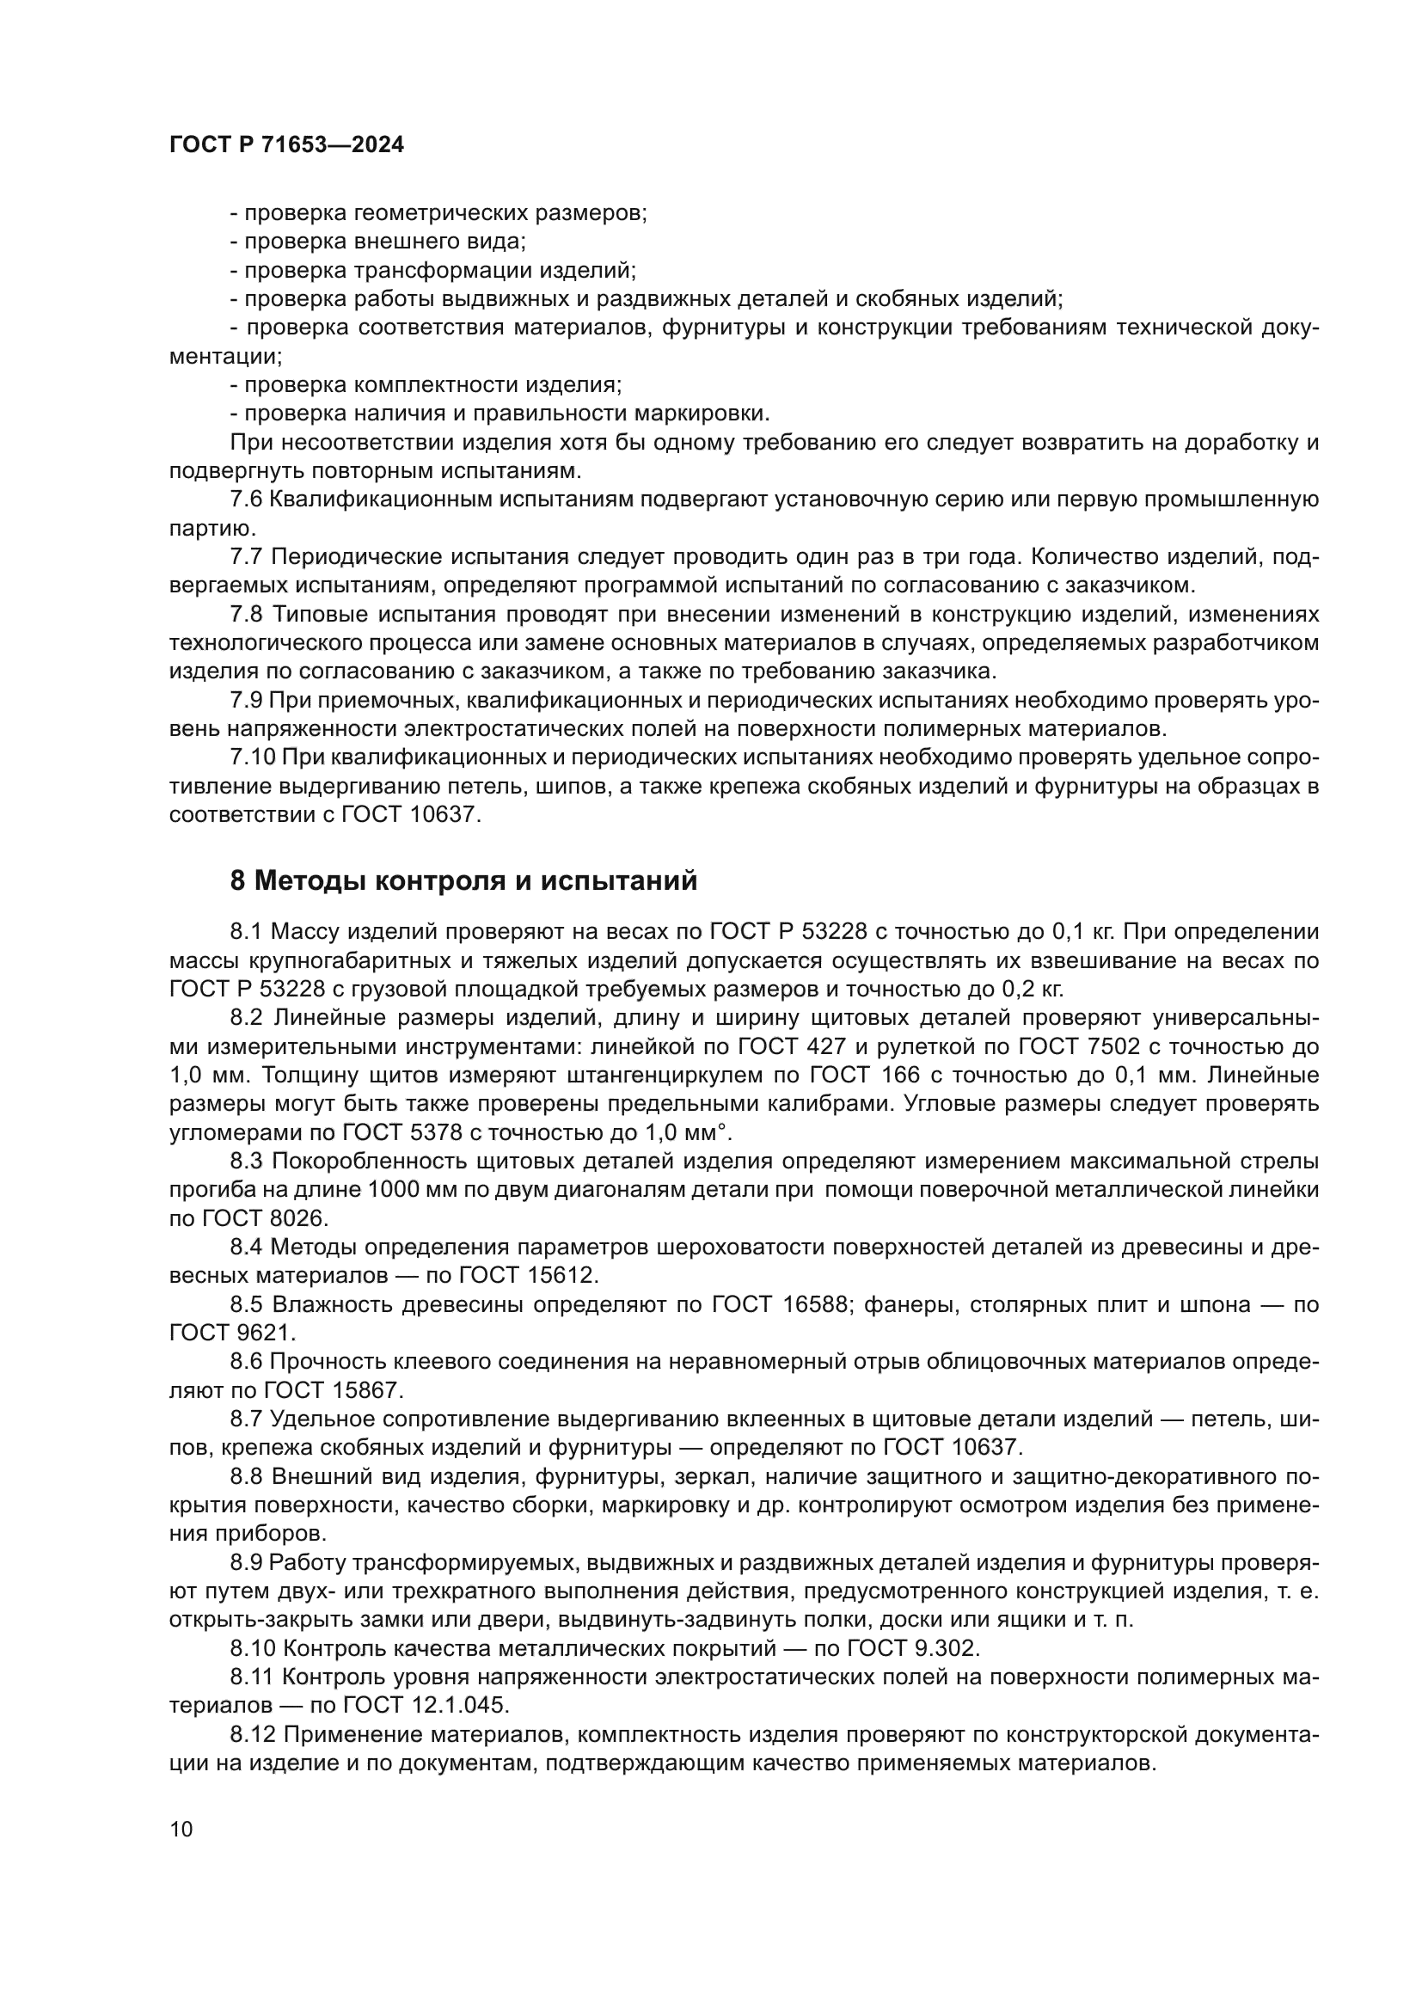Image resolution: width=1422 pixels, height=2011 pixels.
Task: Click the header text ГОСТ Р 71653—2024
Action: point(286,145)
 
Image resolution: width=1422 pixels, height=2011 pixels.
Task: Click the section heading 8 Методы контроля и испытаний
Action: point(463,880)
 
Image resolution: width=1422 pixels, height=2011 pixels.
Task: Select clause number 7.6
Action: point(246,500)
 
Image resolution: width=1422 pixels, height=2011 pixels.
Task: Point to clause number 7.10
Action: point(252,757)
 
